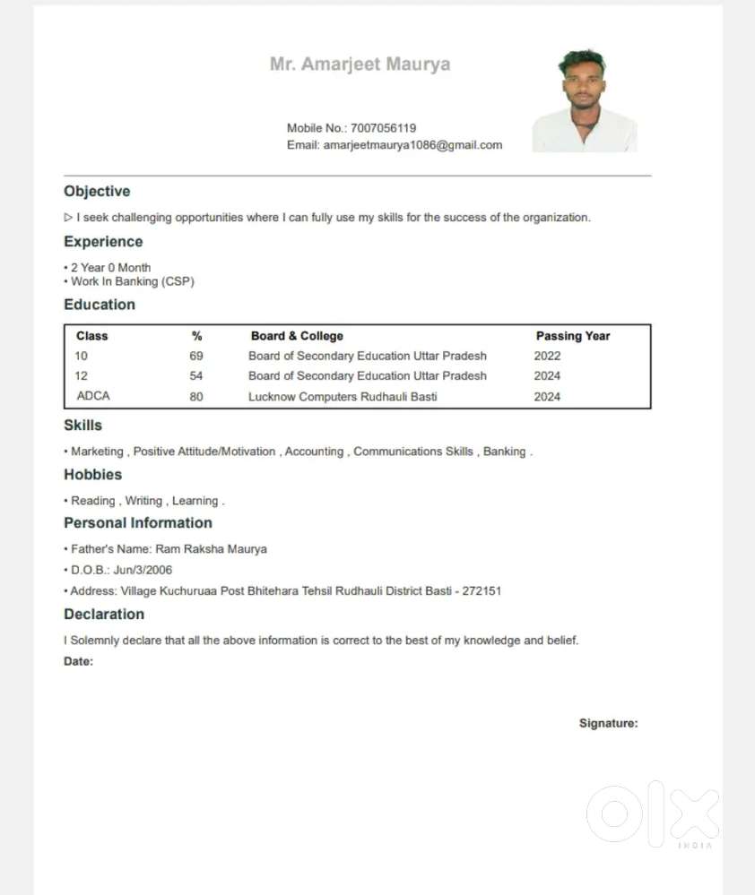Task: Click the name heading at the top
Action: (x=360, y=65)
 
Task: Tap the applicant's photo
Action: (x=585, y=100)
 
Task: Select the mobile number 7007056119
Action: (x=383, y=128)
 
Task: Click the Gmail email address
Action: (x=412, y=145)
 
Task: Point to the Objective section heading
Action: (x=97, y=192)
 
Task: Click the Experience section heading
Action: (x=103, y=242)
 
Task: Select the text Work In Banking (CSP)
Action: (x=133, y=281)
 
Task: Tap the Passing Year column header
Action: (x=572, y=336)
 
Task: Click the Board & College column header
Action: (x=297, y=336)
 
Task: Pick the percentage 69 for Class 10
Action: (x=196, y=356)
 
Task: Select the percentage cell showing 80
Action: (x=196, y=396)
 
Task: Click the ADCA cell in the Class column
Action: (x=93, y=396)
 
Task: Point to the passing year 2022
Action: (x=547, y=356)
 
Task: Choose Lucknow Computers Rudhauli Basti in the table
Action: (x=343, y=396)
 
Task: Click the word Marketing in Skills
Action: (x=97, y=452)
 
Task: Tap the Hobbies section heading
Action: (x=92, y=475)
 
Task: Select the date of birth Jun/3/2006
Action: (x=143, y=570)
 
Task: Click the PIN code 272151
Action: (x=482, y=591)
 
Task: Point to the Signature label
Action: (x=608, y=723)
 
